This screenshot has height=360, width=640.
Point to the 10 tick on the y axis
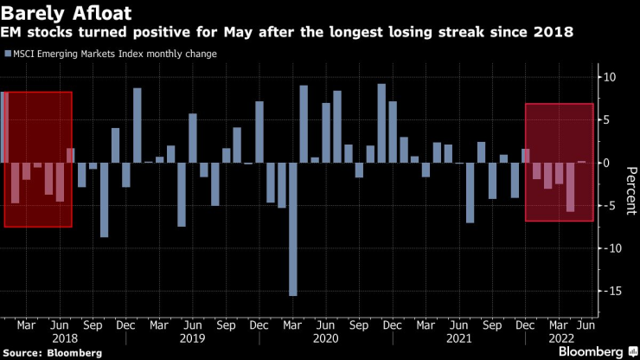[609, 77]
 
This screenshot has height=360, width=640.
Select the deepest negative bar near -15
[292, 228]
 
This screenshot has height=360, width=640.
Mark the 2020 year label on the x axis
[324, 339]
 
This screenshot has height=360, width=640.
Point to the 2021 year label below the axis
[457, 339]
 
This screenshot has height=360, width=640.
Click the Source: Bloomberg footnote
[52, 353]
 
